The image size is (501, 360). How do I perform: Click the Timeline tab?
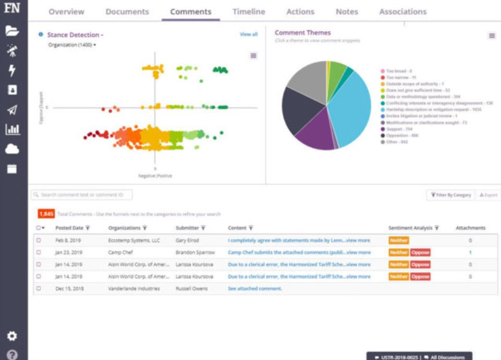click(x=249, y=11)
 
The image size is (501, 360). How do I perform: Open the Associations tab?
click(x=402, y=11)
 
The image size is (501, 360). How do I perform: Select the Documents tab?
click(x=127, y=11)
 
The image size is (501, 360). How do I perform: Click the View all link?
click(x=248, y=34)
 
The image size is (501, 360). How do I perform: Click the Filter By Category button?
click(x=450, y=195)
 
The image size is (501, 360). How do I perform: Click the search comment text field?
click(x=82, y=195)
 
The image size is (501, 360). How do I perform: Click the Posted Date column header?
click(x=70, y=228)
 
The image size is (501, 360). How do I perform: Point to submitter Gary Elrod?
click(x=187, y=241)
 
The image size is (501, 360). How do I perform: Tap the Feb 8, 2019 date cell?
click(x=68, y=241)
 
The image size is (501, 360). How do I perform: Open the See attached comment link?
click(x=255, y=288)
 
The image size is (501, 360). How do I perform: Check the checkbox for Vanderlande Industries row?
click(x=39, y=288)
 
